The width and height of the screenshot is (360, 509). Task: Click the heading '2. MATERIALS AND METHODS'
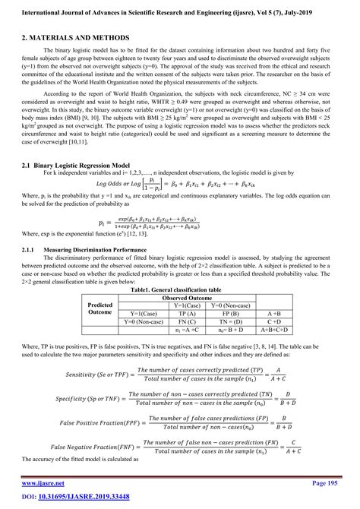(x=75, y=37)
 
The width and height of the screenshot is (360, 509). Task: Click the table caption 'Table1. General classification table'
(x=176, y=290)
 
